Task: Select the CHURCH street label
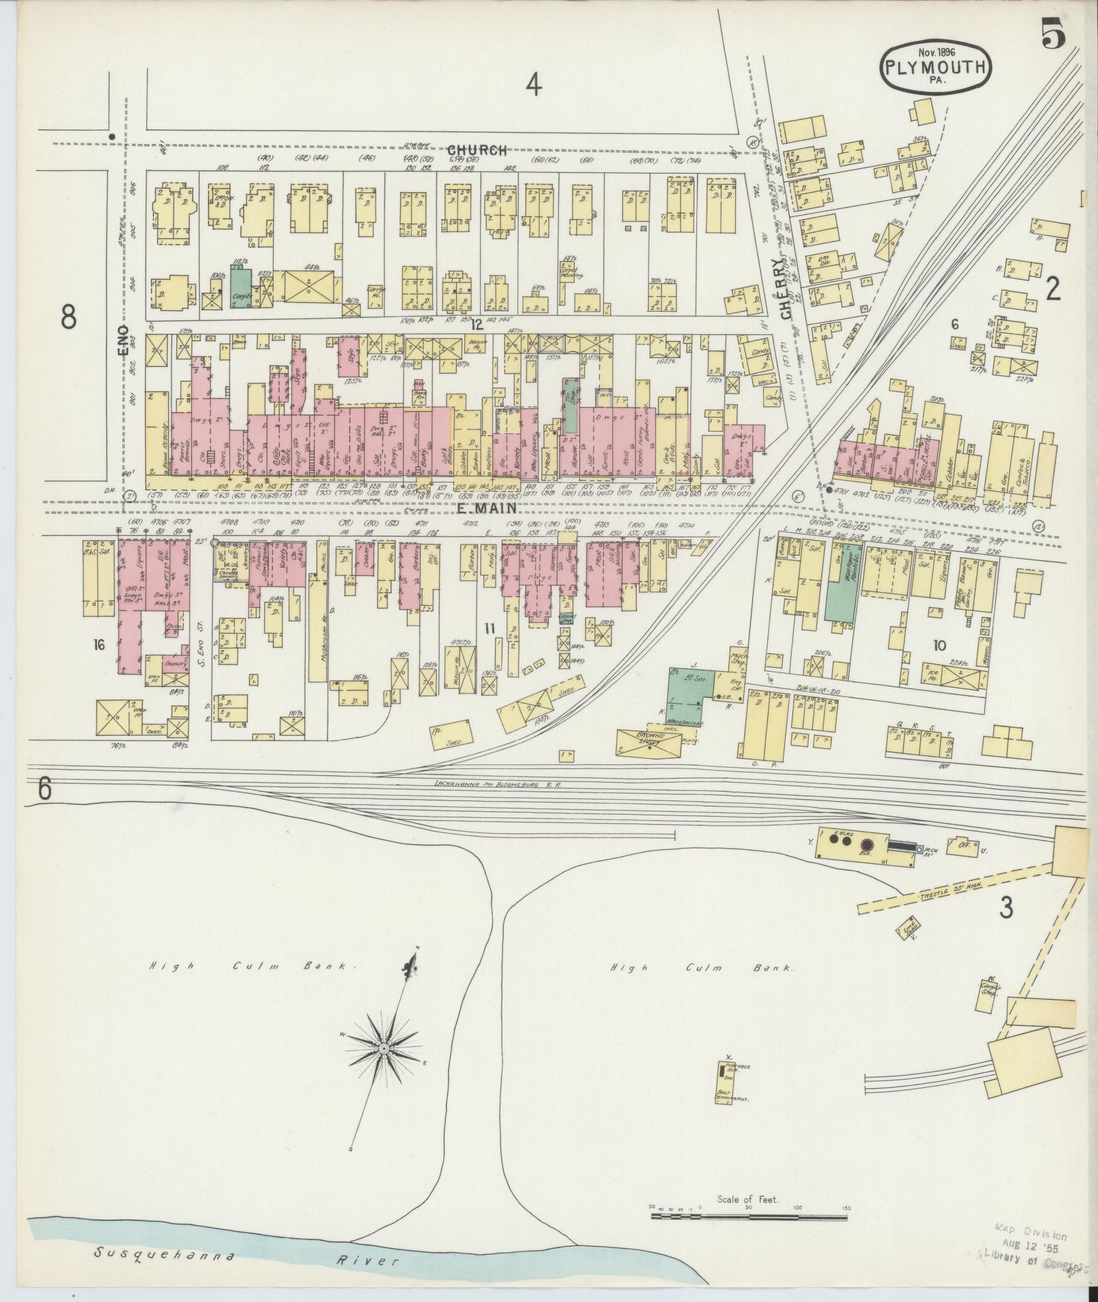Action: click(x=477, y=150)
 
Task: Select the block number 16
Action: click(x=99, y=643)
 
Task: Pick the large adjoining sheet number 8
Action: click(x=67, y=316)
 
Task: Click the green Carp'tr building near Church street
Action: click(x=240, y=289)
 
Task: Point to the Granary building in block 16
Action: click(x=173, y=660)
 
